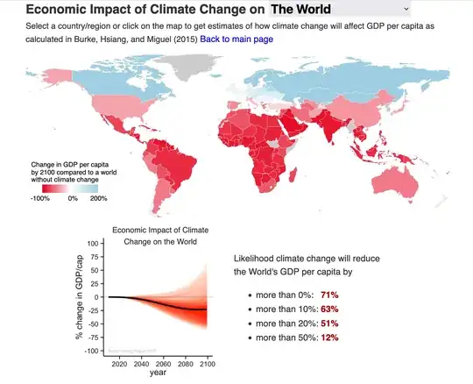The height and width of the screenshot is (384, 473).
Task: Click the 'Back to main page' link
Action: point(236,39)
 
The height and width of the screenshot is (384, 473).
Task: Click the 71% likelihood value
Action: point(329,295)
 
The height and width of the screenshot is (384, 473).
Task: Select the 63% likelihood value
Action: point(329,309)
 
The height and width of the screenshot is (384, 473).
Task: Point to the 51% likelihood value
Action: point(329,324)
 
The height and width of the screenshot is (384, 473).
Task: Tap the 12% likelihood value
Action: point(329,338)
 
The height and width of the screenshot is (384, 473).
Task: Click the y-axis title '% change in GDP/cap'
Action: point(79,296)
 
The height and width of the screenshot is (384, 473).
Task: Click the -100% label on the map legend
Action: point(40,198)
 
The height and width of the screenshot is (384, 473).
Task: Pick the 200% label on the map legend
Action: point(98,198)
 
